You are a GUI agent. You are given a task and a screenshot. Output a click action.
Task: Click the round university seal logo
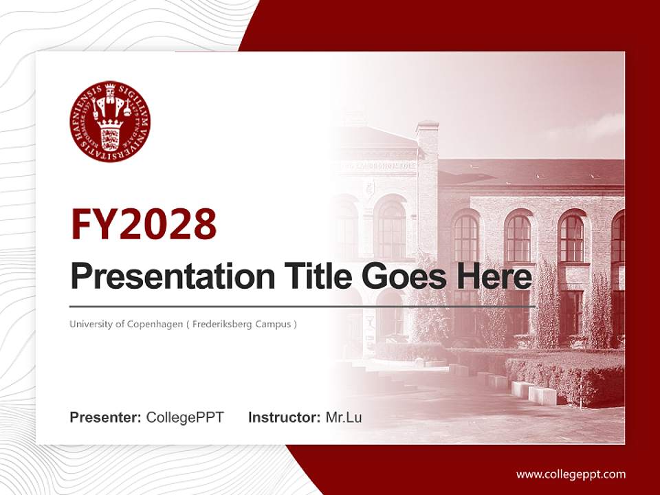tap(110, 122)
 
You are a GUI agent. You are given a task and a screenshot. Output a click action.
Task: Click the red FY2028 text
tap(144, 223)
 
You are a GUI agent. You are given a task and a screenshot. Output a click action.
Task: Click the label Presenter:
tap(106, 417)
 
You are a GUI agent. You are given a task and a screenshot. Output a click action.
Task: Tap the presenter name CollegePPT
tap(185, 417)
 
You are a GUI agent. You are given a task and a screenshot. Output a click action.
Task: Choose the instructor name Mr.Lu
tap(344, 417)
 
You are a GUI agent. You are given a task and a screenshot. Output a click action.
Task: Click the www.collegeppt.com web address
tap(571, 474)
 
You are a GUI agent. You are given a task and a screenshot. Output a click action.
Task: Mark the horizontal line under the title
tap(302, 306)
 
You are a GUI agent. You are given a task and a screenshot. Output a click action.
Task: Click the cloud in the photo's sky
tap(598, 127)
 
